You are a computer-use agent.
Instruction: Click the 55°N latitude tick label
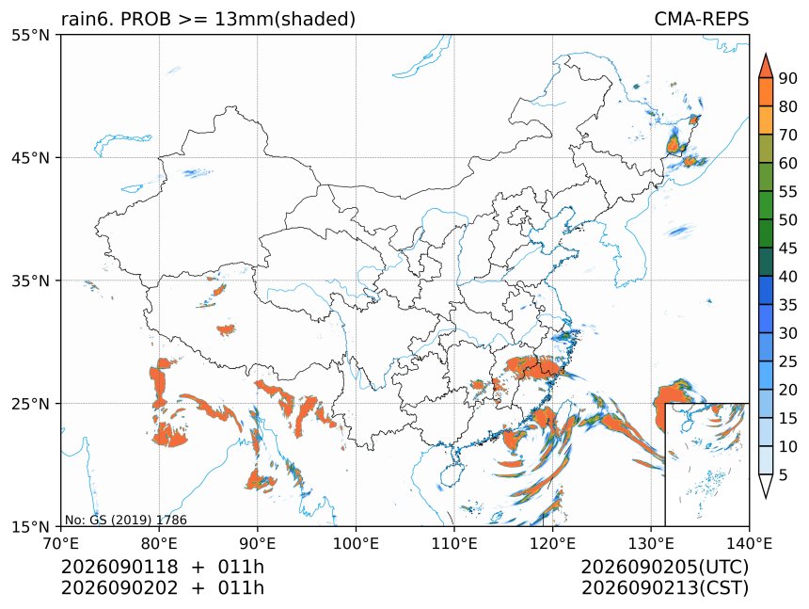(x=30, y=35)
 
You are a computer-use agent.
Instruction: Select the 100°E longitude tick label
(x=356, y=543)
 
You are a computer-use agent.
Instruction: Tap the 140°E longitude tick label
(x=749, y=543)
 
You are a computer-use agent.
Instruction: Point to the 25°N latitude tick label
(x=30, y=403)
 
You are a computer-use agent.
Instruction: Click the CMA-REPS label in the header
(x=701, y=19)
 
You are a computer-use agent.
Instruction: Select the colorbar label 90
(x=788, y=78)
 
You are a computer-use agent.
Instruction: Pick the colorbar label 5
(x=784, y=474)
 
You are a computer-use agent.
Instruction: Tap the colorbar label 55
(x=788, y=192)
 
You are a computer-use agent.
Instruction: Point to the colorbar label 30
(x=788, y=333)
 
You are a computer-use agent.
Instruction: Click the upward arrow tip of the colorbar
(x=766, y=54)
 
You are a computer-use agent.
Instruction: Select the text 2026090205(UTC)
(x=664, y=567)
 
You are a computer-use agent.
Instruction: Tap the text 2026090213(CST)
(x=664, y=588)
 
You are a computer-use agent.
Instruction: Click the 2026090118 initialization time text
(x=119, y=567)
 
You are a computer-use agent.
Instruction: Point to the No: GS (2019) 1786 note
(x=125, y=520)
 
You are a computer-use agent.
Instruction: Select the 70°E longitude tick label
(x=61, y=543)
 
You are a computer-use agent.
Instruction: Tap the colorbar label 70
(x=788, y=136)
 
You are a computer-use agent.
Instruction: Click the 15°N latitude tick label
(x=30, y=526)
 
